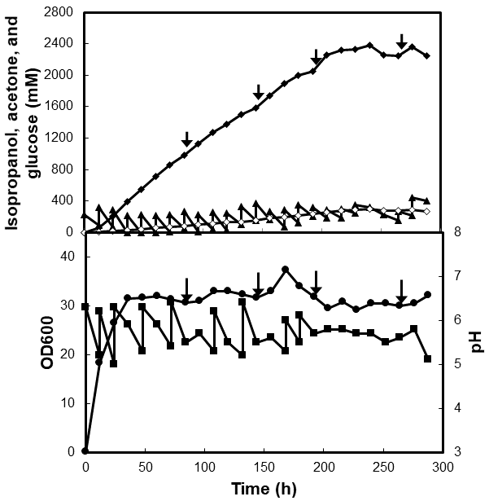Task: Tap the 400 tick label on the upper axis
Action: [x=66, y=200]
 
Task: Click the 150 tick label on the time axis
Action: [x=204, y=469]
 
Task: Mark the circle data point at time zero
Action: [x=85, y=451]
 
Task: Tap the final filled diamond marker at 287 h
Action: [x=427, y=55]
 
